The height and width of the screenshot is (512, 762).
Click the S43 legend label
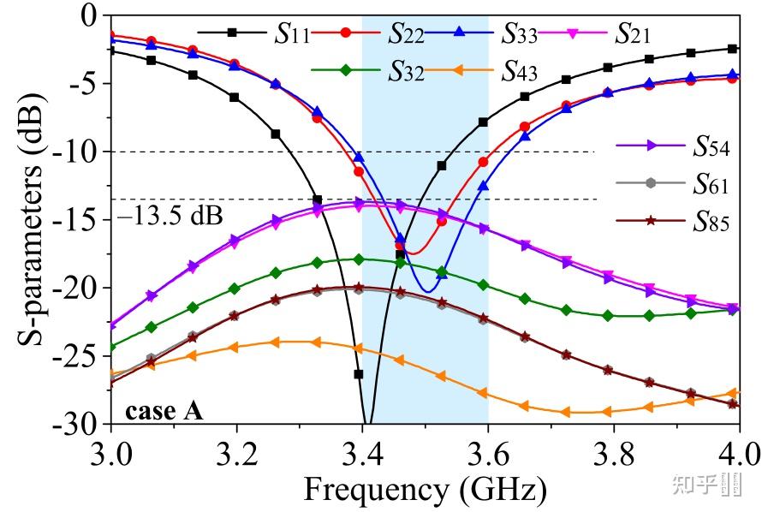(x=519, y=69)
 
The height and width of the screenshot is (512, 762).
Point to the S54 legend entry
(x=710, y=146)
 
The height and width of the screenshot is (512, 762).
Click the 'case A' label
(x=164, y=411)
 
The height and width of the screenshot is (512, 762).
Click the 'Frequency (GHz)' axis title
(x=424, y=490)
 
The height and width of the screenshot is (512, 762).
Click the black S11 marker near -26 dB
(x=359, y=374)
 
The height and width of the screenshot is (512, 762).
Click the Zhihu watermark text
(x=694, y=485)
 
